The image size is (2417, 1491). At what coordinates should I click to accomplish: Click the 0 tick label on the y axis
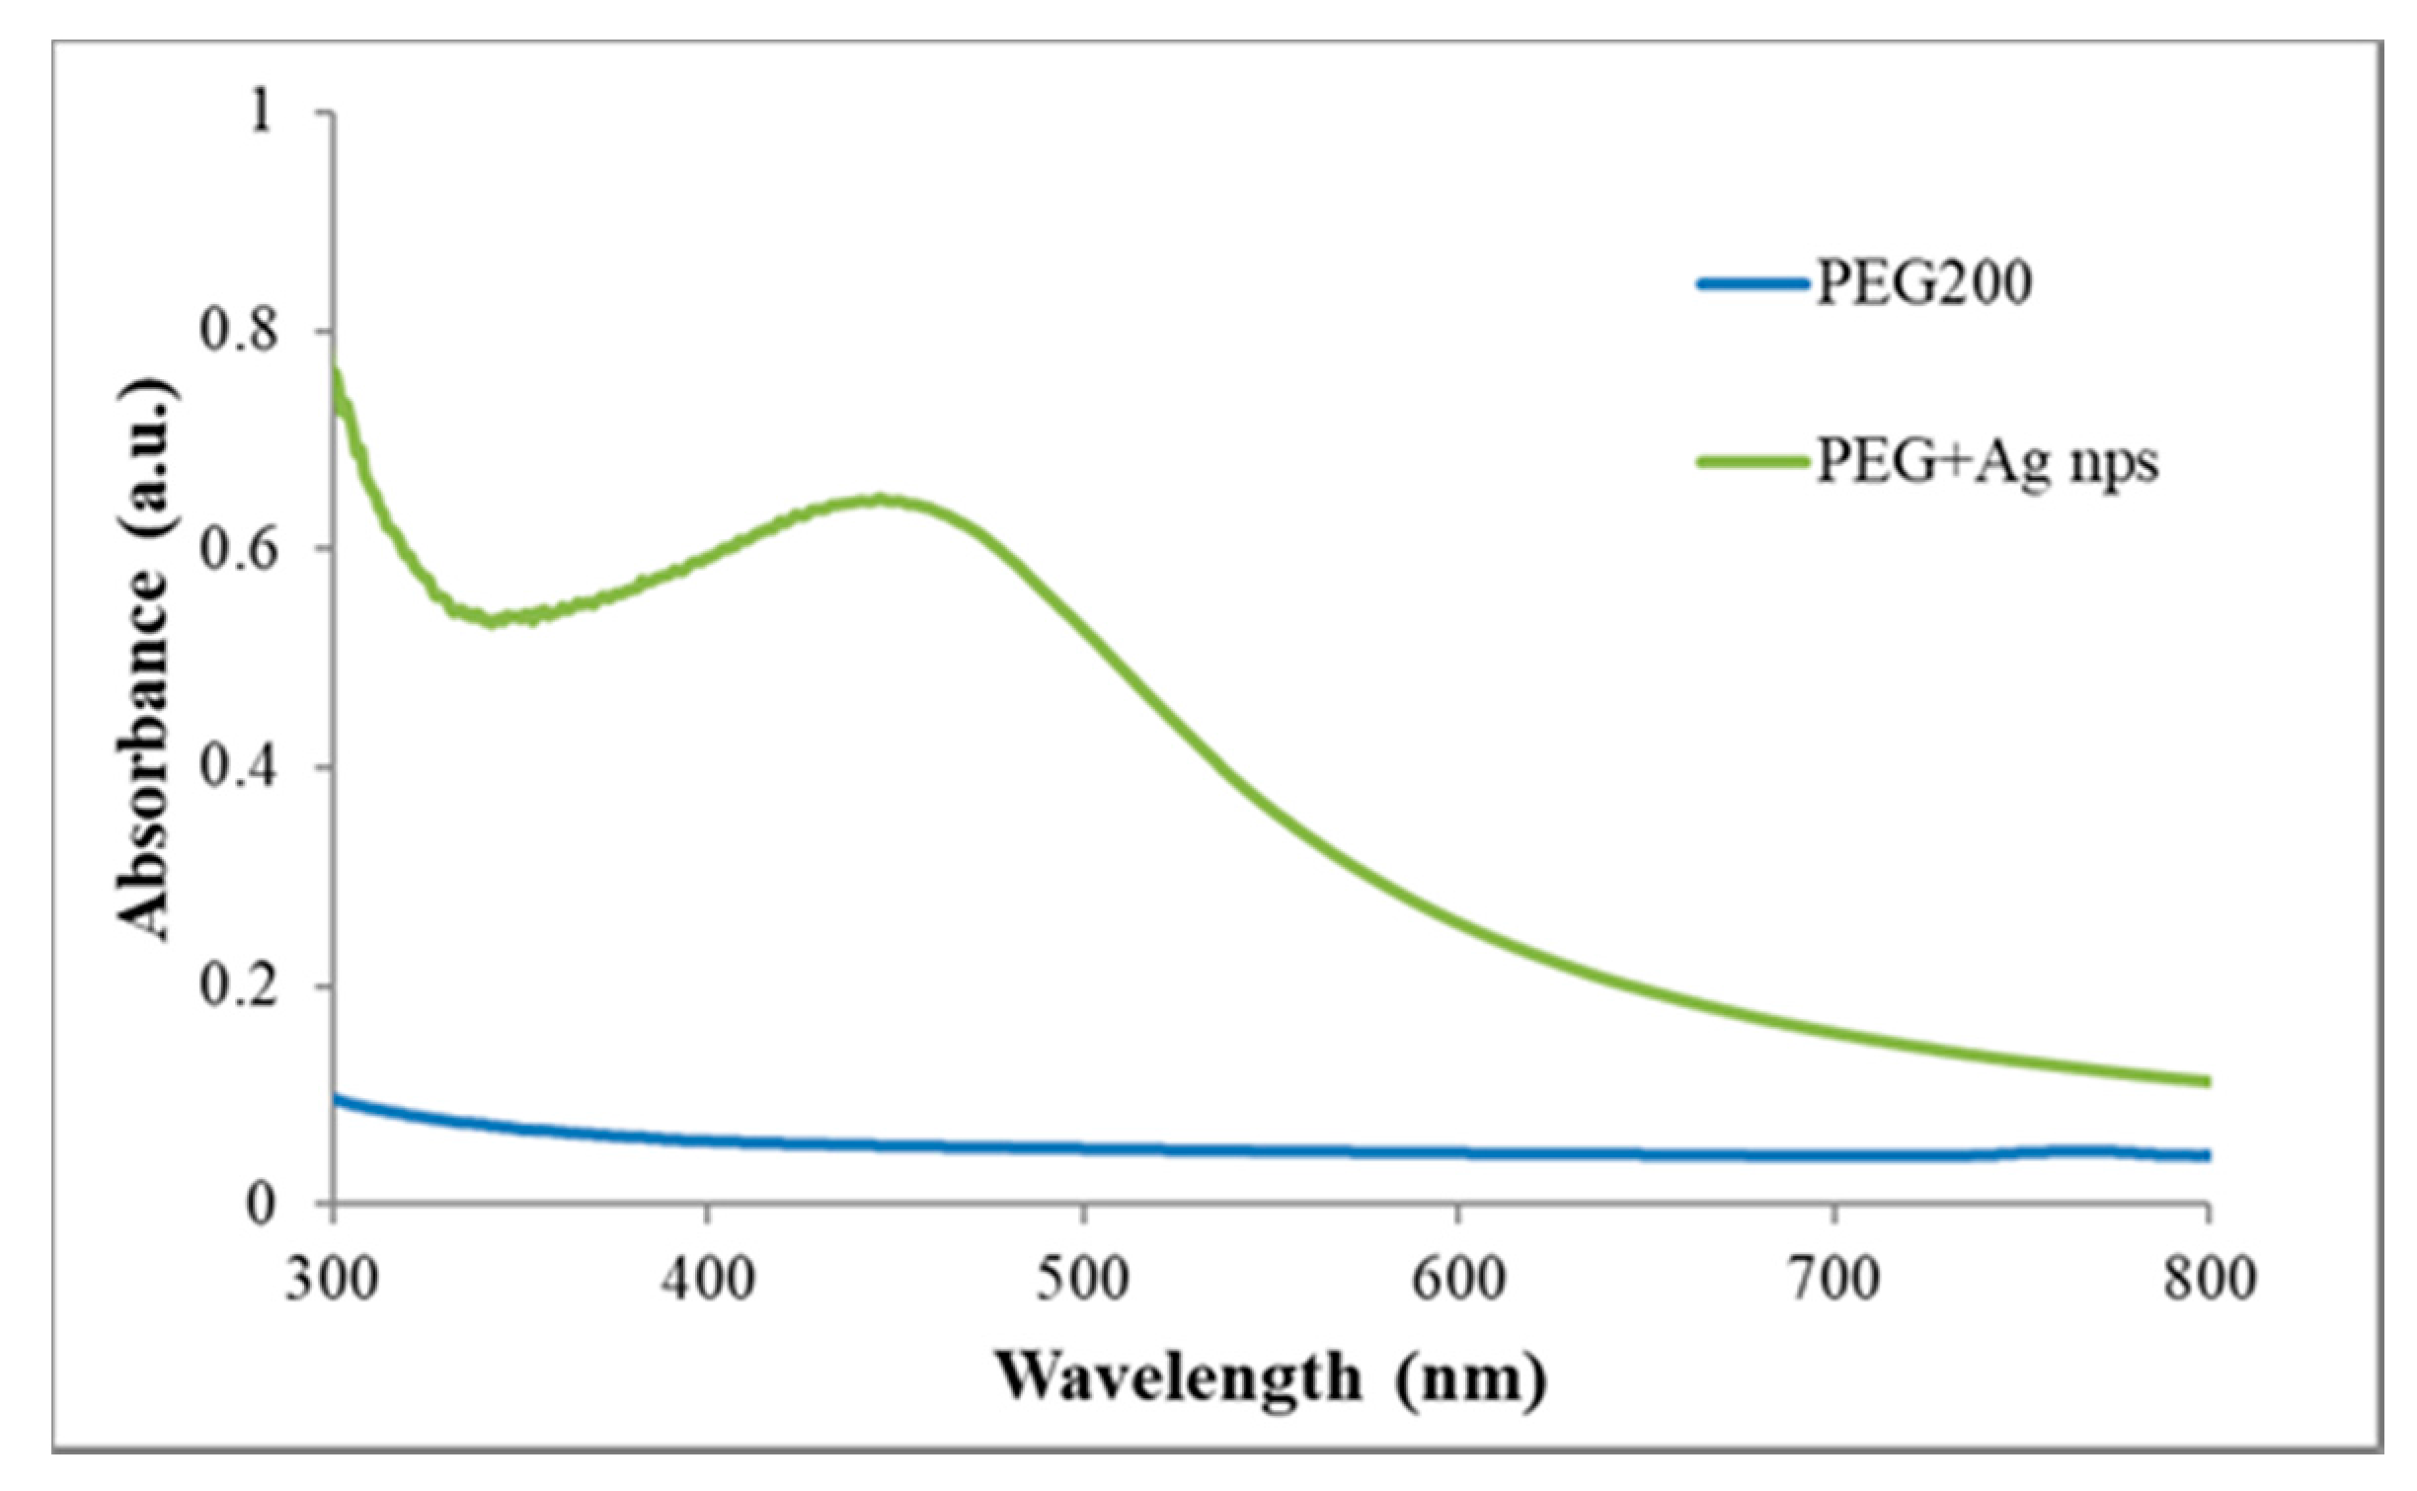coord(259,1204)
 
